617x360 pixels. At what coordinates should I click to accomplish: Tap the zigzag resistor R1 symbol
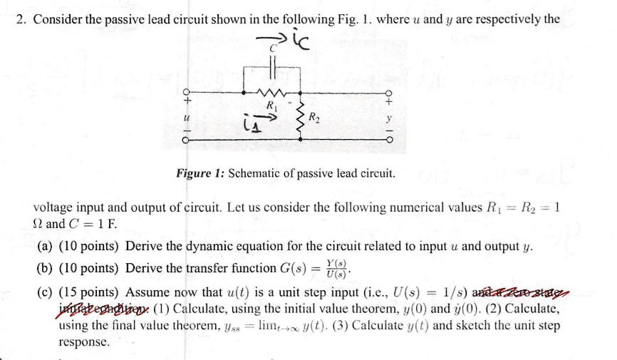click(x=271, y=91)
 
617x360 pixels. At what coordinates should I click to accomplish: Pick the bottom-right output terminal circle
click(x=388, y=140)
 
